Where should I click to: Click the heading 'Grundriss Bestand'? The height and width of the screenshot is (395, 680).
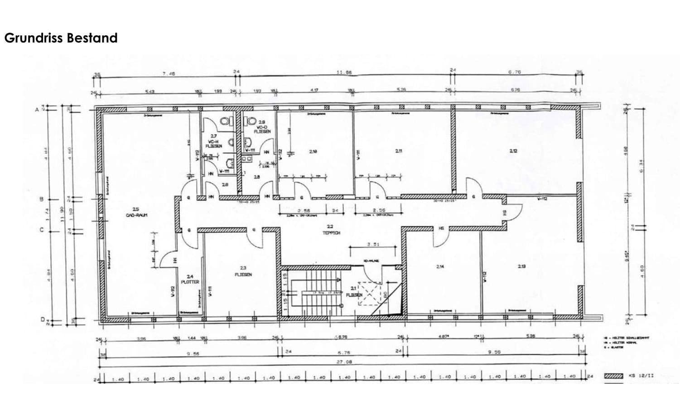(x=61, y=38)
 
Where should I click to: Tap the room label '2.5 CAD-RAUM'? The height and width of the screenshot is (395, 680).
(x=137, y=212)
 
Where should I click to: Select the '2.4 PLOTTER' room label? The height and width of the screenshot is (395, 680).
(x=190, y=279)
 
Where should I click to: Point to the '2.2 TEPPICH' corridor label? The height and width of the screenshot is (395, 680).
(x=331, y=230)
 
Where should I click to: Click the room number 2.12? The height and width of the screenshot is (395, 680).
(x=513, y=151)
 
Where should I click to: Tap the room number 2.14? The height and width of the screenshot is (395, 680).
(x=440, y=267)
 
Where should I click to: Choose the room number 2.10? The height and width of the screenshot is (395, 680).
(x=313, y=152)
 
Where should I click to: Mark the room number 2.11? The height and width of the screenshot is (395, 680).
(x=399, y=151)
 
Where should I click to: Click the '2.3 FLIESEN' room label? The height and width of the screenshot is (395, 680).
(x=243, y=271)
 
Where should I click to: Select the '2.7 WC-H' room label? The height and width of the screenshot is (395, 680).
(x=214, y=141)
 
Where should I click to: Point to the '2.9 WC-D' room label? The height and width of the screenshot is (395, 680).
(x=262, y=126)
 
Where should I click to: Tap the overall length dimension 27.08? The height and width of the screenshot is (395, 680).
(x=344, y=362)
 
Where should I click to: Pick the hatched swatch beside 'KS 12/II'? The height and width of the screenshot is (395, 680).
(x=615, y=376)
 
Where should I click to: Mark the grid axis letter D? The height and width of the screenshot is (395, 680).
(x=43, y=319)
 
